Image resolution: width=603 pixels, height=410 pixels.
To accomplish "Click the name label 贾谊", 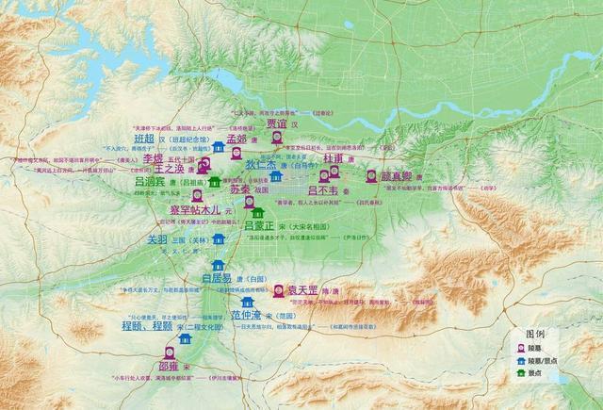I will [x=275, y=123].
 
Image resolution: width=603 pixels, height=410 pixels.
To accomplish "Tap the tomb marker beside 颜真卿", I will [x=371, y=175].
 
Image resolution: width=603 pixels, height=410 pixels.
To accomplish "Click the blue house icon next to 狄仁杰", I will [x=276, y=175].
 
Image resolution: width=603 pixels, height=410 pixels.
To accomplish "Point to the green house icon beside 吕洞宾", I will [x=215, y=181].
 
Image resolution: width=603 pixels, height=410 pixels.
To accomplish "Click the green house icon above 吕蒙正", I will [x=257, y=213].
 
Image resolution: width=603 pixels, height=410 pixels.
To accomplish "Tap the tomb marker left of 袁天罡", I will [x=279, y=290].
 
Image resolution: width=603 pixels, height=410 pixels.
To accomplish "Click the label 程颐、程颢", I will [x=147, y=326].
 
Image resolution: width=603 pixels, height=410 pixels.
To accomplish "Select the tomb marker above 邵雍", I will [x=170, y=353].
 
